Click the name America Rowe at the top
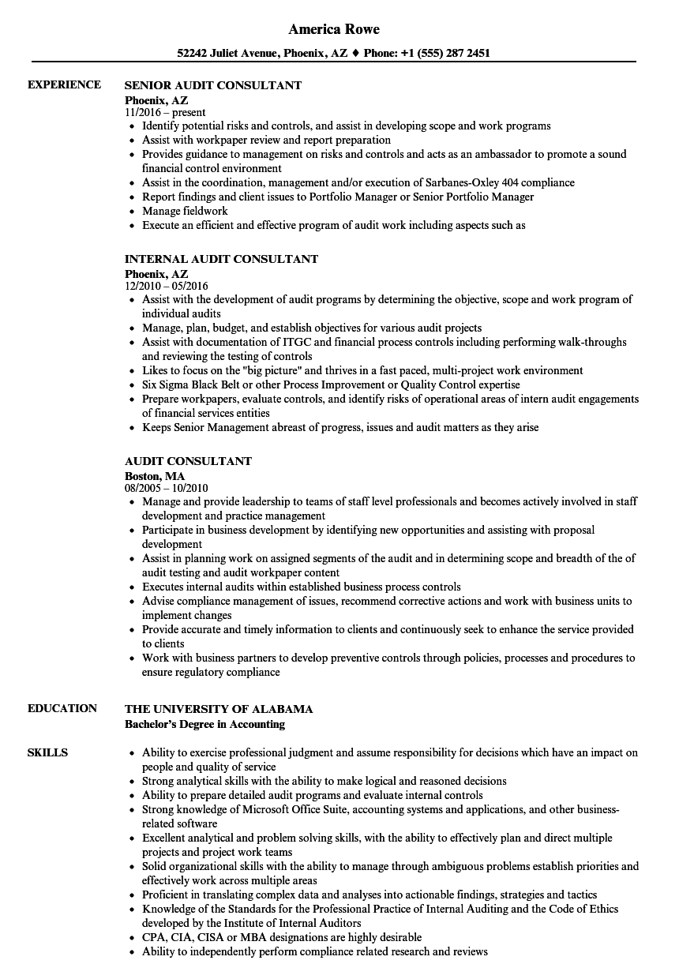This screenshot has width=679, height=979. pos(334,29)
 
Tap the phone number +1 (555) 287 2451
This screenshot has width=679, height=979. pos(445,54)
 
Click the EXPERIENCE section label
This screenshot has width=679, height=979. pos(64,84)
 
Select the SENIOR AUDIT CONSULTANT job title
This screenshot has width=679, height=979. pos(213,85)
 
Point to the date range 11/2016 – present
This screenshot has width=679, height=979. pos(165,112)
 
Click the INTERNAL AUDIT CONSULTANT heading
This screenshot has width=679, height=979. pos(222,259)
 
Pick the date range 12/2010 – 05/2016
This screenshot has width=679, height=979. pos(167,286)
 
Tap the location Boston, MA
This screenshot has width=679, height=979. pos(155,476)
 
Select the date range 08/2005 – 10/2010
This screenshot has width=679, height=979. pos(167,488)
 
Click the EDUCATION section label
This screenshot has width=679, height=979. pos(62,708)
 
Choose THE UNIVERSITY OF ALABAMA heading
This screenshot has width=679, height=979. pos(219,709)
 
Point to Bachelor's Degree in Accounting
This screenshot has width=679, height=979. pos(205,724)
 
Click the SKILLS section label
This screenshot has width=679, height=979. pos(47,752)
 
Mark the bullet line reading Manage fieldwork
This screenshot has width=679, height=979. pos(185,211)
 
